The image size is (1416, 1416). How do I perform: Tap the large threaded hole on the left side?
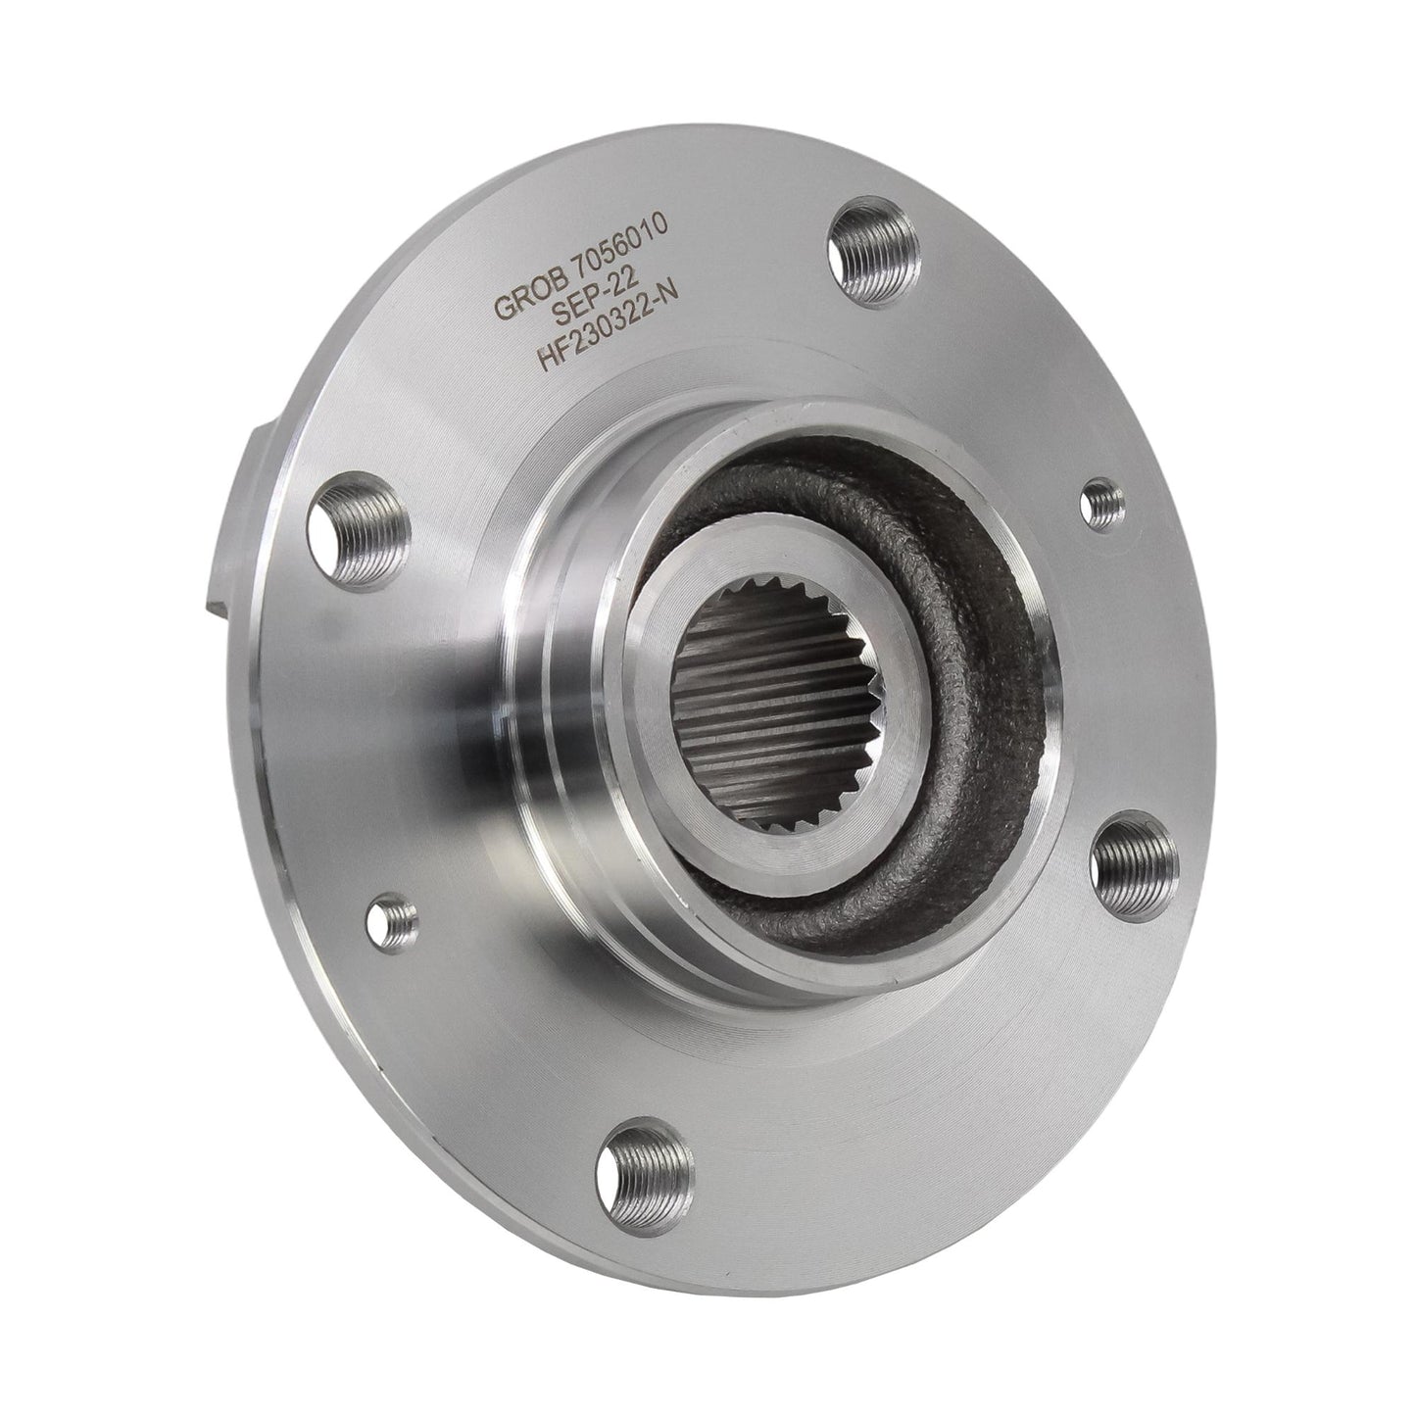coord(357,530)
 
